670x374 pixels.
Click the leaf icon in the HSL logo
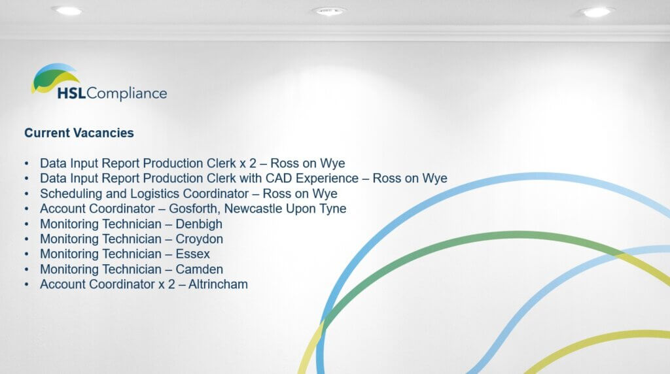click(54, 78)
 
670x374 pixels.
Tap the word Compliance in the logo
click(126, 93)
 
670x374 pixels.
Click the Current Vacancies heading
click(79, 133)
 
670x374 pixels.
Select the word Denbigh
click(199, 224)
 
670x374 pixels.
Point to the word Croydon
click(200, 239)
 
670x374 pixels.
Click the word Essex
click(193, 254)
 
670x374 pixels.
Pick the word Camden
click(200, 269)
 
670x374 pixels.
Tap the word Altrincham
click(219, 284)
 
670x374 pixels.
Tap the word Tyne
click(334, 209)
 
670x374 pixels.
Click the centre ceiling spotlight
click(328, 11)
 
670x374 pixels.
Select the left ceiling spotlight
click(67, 10)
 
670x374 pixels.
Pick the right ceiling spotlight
click(597, 12)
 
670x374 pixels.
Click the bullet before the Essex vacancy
click(27, 254)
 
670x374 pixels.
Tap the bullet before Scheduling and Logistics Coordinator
click(27, 194)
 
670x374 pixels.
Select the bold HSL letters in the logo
click(71, 93)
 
